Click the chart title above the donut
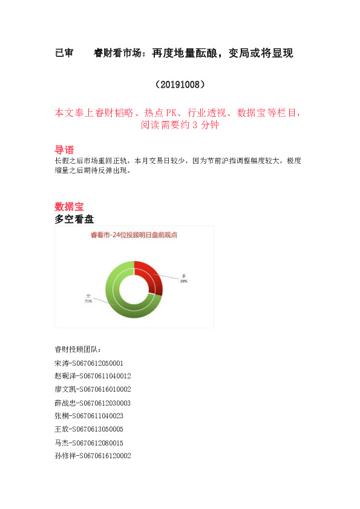point(134,235)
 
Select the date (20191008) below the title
point(180,83)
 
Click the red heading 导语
point(64,150)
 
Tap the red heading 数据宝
point(69,206)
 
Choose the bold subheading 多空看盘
point(74,219)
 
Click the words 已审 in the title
point(64,53)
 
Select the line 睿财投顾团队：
point(78,349)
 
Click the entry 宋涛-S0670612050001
point(88,363)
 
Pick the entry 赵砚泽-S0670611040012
point(92,376)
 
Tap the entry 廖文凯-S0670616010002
point(92,389)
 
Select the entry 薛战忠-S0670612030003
point(92,403)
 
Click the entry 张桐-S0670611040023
point(88,416)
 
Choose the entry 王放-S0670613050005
point(88,429)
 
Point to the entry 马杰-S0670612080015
point(88,443)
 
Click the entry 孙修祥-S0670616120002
point(92,456)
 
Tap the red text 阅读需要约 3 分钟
point(180,126)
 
